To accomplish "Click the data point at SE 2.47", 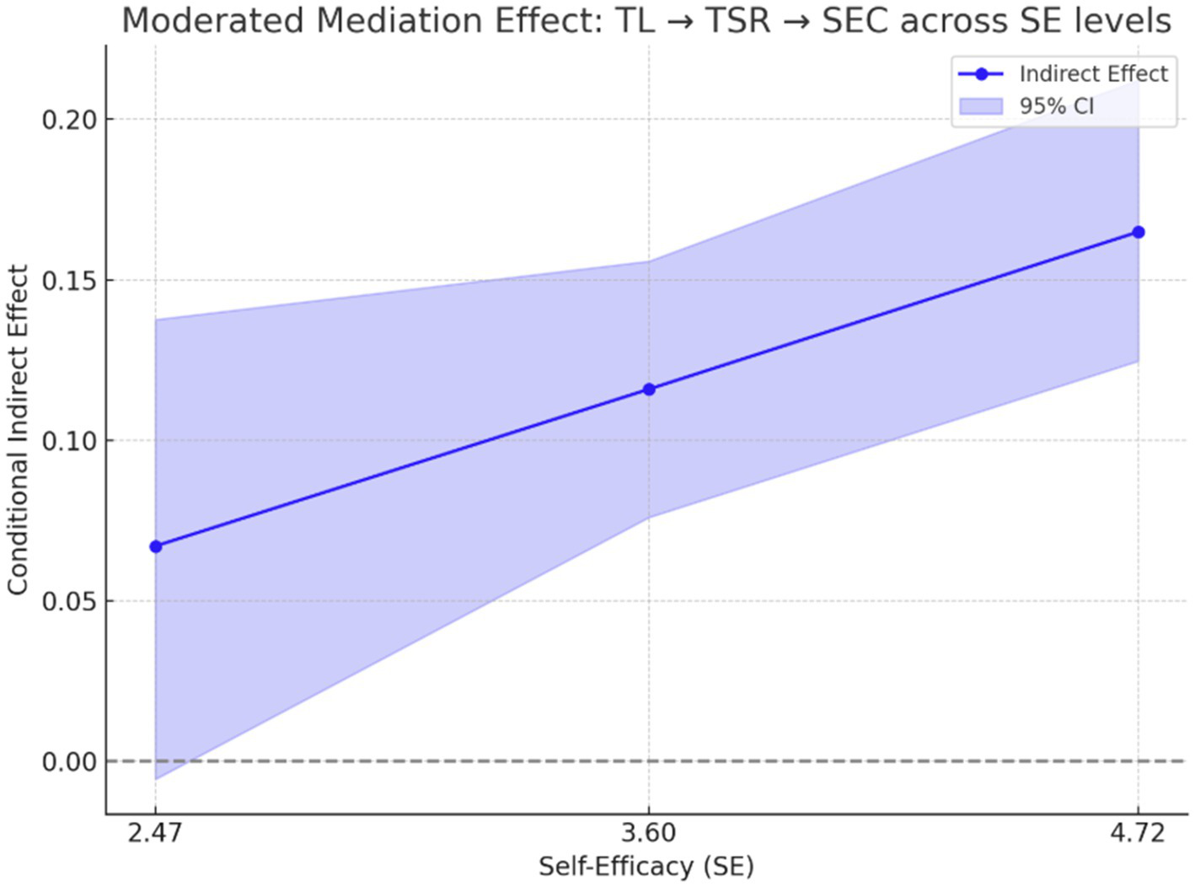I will (x=156, y=546).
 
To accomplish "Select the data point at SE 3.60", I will (x=648, y=389).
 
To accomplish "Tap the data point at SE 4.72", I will (x=1138, y=232).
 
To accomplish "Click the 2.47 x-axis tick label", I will (x=156, y=834).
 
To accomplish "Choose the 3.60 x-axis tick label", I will (x=648, y=834).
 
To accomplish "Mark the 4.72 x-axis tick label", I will (x=1138, y=834).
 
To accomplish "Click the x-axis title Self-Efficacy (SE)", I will (x=646, y=866).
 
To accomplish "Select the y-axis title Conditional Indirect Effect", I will (x=19, y=430).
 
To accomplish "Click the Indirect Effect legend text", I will (x=1093, y=74).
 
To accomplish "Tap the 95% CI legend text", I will (x=1056, y=106).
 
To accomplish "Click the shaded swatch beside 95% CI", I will (x=981, y=106).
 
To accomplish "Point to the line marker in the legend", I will (x=981, y=74).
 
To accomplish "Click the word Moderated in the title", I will (x=213, y=21).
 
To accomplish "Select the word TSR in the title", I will (x=737, y=21).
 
